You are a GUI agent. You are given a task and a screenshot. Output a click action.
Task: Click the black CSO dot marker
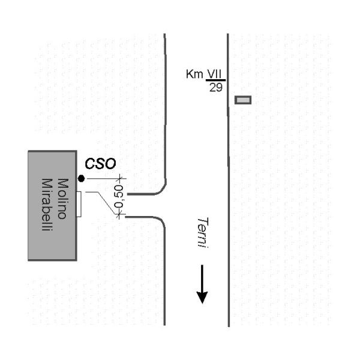click(81, 178)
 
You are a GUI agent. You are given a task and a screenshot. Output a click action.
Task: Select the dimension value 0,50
click(119, 196)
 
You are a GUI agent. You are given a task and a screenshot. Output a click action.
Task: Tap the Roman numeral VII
click(215, 74)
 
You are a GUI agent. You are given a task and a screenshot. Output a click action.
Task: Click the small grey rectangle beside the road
click(243, 100)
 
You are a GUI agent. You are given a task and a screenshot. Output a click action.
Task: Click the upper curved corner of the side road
click(161, 190)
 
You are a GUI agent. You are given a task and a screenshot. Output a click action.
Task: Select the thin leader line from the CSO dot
click(102, 179)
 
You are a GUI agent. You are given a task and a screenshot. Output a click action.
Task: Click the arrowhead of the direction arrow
click(202, 296)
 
